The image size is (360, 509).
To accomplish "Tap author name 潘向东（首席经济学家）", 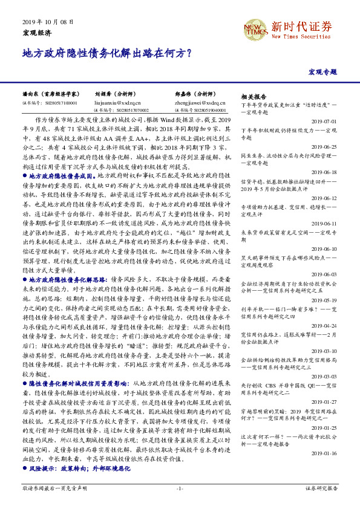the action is (50, 95).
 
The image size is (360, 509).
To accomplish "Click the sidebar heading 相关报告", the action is (254, 97).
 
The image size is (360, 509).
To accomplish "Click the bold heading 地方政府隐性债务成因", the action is (58, 174).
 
